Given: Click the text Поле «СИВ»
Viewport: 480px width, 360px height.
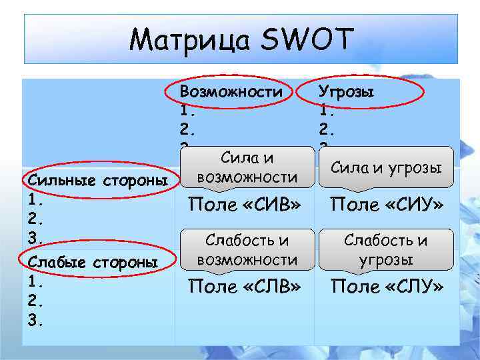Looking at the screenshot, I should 243,204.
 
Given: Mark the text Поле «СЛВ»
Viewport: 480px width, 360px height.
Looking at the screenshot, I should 243,287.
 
